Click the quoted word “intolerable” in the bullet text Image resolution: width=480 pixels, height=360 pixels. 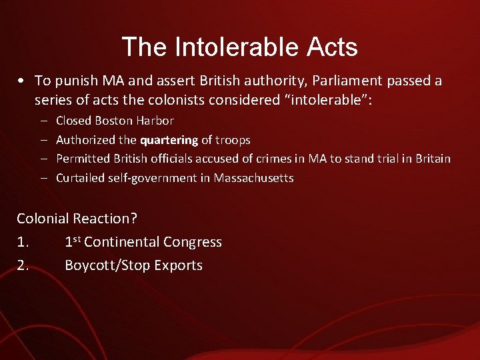[309, 100]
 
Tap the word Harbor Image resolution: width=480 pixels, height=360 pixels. [158, 121]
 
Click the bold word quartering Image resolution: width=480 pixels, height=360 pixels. [169, 140]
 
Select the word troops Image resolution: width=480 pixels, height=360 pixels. [232, 140]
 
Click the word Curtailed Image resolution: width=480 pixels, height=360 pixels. [80, 178]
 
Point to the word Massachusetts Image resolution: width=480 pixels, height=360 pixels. [254, 178]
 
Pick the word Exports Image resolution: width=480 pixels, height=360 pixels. [178, 265]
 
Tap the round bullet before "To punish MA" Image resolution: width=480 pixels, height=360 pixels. [23, 81]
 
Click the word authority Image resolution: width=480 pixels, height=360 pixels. [226, 81]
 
